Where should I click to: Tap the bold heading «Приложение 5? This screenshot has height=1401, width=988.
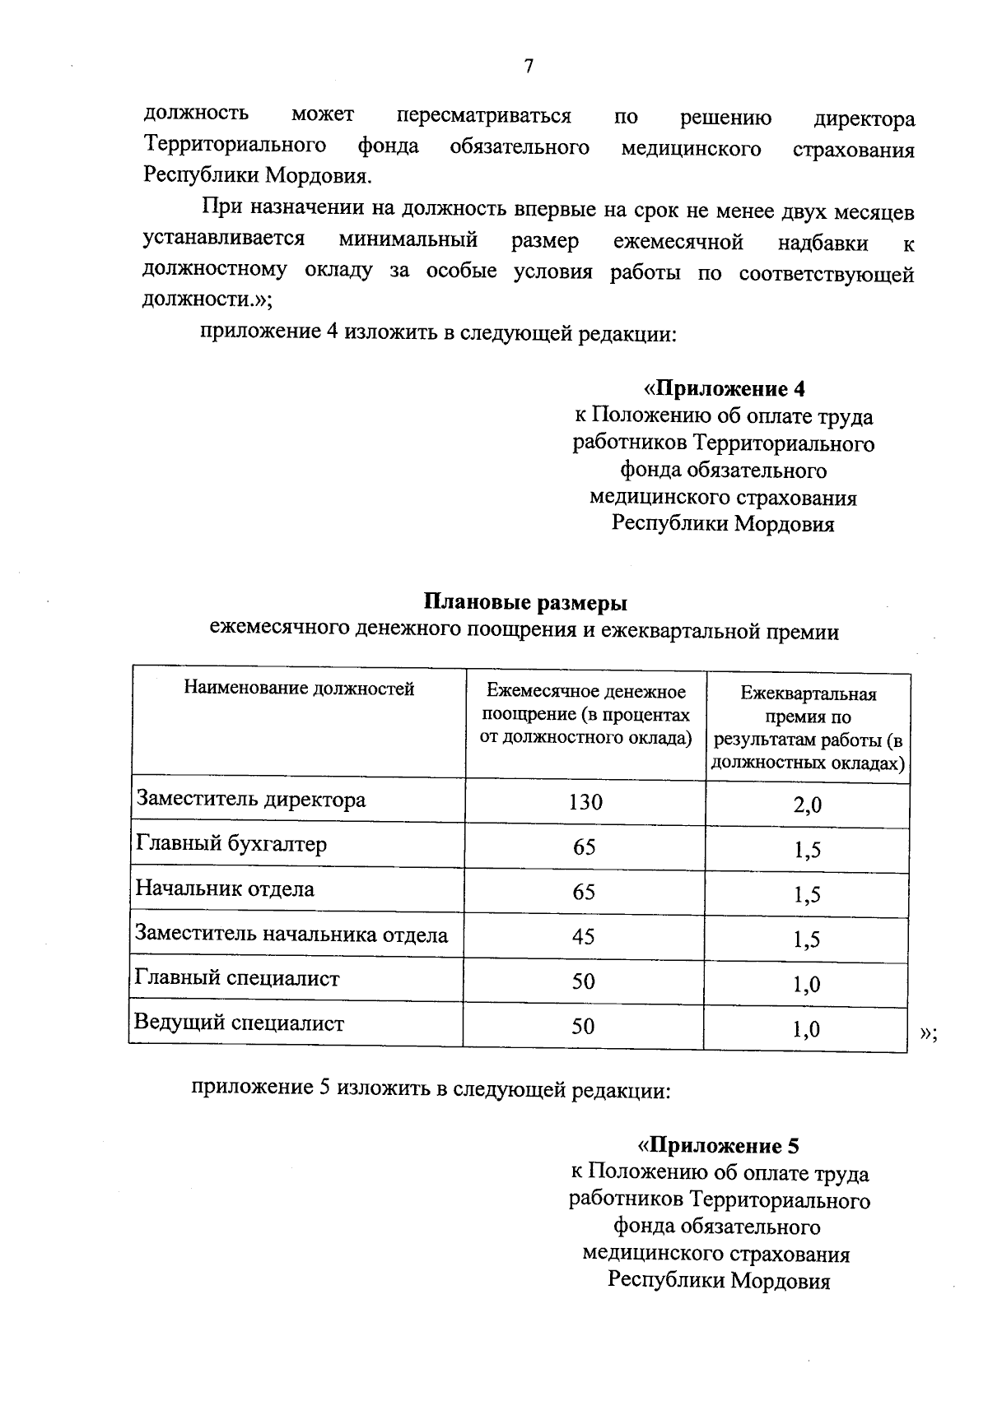(x=719, y=1146)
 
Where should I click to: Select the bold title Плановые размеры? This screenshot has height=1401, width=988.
(x=525, y=603)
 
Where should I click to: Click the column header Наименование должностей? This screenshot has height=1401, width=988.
(x=299, y=688)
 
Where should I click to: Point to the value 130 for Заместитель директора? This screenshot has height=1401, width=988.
(x=585, y=802)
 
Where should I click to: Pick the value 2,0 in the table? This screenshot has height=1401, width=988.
(x=807, y=805)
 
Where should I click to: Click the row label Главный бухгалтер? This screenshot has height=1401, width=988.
(x=231, y=845)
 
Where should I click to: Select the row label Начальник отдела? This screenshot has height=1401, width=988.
(x=225, y=889)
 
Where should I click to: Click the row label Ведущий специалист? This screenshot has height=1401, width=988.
(x=239, y=1023)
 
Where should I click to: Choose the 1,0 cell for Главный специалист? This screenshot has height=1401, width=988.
(x=807, y=985)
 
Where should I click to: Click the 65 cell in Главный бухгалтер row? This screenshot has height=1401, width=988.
(x=584, y=847)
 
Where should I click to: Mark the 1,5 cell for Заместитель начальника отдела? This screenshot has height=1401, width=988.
(x=807, y=940)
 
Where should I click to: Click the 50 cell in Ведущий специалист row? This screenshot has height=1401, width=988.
(x=583, y=1026)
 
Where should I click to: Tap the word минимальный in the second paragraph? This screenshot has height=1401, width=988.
(x=408, y=241)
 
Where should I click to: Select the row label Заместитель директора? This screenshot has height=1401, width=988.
(x=250, y=800)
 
